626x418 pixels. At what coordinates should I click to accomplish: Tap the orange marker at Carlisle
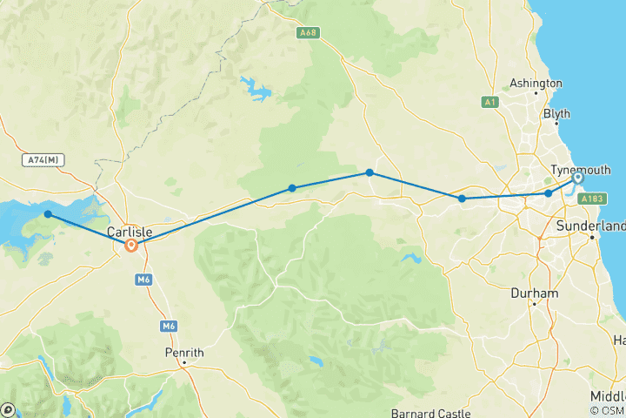(131, 246)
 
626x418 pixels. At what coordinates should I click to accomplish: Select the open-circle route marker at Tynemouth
(577, 179)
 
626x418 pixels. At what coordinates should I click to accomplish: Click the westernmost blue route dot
(48, 213)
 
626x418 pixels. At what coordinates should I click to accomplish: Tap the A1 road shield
(489, 103)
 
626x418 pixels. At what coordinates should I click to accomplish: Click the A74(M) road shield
(43, 160)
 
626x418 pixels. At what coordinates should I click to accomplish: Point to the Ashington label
(536, 84)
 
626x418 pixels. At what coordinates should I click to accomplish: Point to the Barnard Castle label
(430, 413)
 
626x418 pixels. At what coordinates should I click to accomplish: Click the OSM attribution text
(608, 410)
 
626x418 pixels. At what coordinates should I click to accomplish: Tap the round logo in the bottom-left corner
(9, 408)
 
